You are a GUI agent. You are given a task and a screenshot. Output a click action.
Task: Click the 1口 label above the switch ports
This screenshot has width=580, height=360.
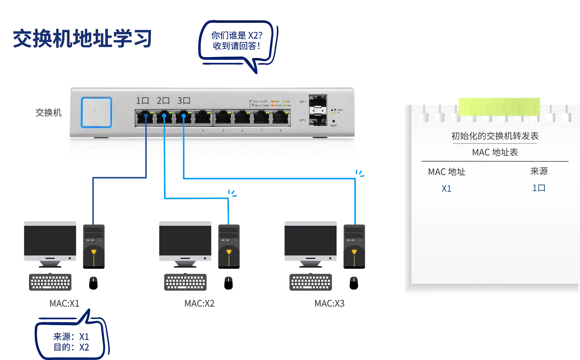tap(142, 100)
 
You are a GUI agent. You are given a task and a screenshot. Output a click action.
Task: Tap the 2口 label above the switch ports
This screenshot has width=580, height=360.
tap(163, 100)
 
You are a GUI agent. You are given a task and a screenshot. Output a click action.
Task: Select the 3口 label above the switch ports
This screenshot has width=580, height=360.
tap(184, 100)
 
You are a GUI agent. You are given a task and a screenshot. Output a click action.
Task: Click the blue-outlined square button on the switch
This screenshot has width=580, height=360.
tap(96, 112)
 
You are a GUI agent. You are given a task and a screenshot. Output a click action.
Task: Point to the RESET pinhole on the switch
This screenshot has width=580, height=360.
tap(333, 121)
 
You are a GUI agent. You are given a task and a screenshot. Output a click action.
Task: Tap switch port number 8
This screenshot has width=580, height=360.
tap(281, 118)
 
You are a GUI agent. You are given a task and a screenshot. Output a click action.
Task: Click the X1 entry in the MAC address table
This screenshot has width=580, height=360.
tap(446, 189)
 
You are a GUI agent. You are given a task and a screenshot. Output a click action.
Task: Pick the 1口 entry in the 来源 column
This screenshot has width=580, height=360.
tap(539, 188)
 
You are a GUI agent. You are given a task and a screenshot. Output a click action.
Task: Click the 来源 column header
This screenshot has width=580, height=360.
tap(539, 171)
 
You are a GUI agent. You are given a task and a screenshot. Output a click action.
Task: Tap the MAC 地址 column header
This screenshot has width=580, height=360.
tap(447, 171)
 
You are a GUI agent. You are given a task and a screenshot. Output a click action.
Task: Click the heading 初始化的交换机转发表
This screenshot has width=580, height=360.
tap(495, 136)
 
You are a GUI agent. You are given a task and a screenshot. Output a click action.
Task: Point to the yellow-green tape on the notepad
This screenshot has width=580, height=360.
tap(499, 106)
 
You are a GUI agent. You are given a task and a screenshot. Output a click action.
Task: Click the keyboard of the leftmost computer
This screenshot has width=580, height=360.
tap(50, 282)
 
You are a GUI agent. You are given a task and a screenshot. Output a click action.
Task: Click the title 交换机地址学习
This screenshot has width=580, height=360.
tap(82, 38)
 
